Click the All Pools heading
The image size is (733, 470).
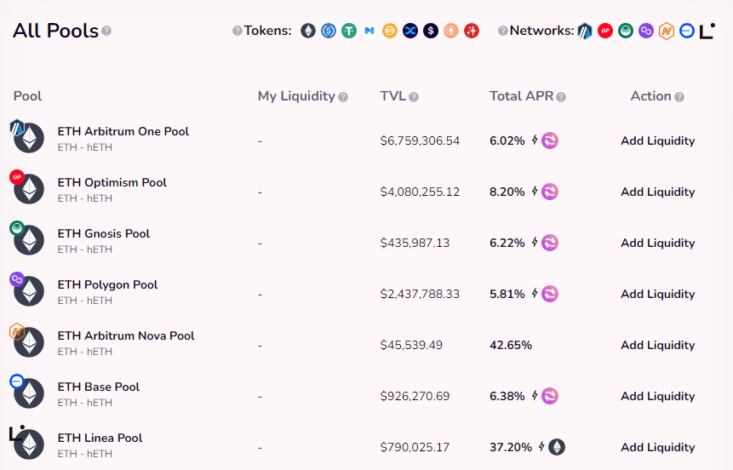click(54, 32)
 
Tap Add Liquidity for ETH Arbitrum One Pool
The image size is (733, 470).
click(657, 140)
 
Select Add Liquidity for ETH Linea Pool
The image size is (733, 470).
click(657, 447)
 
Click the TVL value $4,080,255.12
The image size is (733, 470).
click(420, 192)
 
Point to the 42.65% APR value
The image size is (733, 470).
click(510, 345)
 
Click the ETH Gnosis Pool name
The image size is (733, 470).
click(103, 233)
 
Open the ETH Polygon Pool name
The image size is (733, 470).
click(107, 284)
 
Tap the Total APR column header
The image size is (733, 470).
click(521, 96)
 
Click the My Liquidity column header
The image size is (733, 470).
click(296, 96)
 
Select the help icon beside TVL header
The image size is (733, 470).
click(414, 97)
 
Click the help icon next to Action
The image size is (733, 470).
click(679, 97)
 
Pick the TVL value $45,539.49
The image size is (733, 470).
click(411, 345)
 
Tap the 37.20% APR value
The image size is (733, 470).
click(510, 447)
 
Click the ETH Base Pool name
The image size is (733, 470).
click(98, 387)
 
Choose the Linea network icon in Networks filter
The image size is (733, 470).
click(707, 31)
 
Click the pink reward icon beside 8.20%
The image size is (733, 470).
click(550, 192)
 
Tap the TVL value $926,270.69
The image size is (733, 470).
click(415, 396)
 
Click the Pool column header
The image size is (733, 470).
click(28, 96)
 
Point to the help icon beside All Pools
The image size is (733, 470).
click(106, 32)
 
